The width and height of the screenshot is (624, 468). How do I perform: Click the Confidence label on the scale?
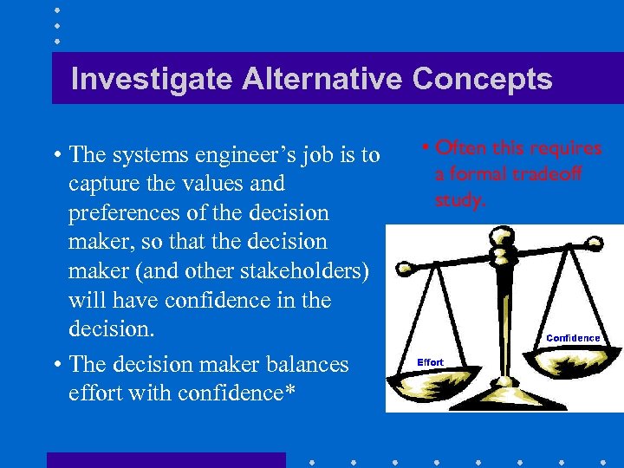tap(573, 338)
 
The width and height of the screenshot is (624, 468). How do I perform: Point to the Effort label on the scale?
tap(430, 362)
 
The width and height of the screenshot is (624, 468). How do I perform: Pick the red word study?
tap(460, 200)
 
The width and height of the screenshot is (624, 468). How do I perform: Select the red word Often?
tap(462, 148)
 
